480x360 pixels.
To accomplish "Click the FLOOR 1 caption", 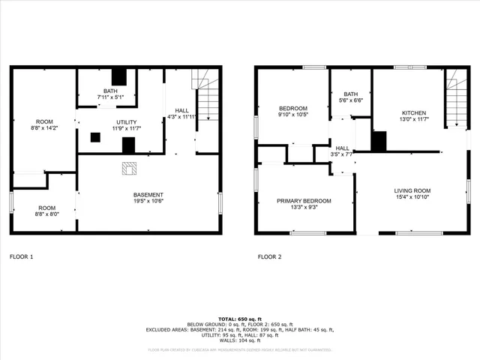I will point(21,257).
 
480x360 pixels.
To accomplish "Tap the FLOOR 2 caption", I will point(269,257).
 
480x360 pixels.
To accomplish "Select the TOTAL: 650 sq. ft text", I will point(239,318).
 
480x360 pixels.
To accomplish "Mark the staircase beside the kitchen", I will point(454,97).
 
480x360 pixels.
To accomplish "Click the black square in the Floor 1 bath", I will point(118,76).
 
